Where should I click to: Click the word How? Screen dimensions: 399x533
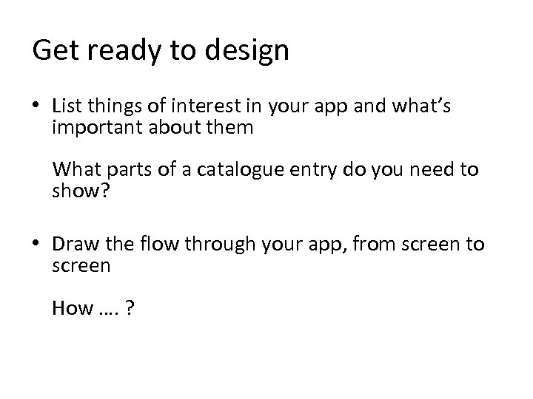click(x=70, y=308)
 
